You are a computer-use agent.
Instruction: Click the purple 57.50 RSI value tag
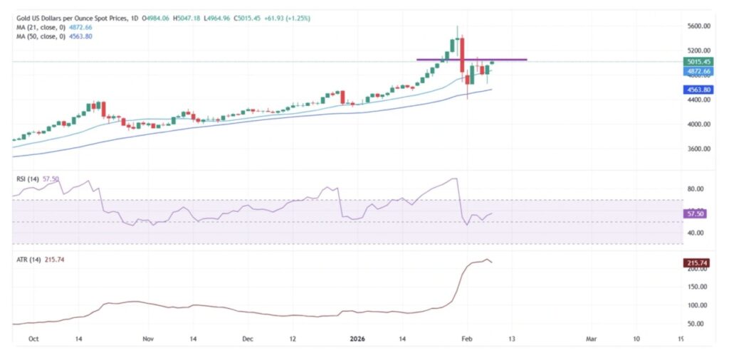point(694,213)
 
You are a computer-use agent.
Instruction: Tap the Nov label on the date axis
point(147,340)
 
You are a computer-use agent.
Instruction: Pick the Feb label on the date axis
point(466,340)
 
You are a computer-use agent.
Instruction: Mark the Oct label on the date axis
point(32,340)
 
